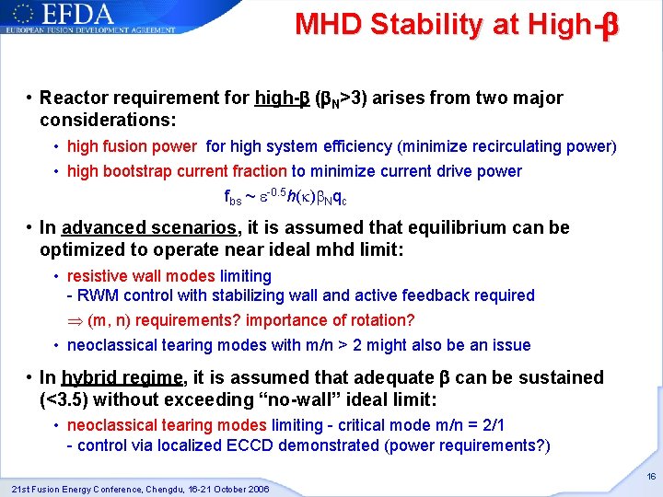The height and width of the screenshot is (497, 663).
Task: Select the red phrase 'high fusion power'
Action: pos(132,145)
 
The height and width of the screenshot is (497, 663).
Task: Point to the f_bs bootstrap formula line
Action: pos(285,196)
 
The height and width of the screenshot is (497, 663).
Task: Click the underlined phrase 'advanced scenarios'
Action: pos(132,227)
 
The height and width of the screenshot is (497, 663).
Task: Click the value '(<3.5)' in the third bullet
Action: pos(65,400)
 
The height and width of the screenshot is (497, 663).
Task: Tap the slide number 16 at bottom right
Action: pos(650,477)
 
